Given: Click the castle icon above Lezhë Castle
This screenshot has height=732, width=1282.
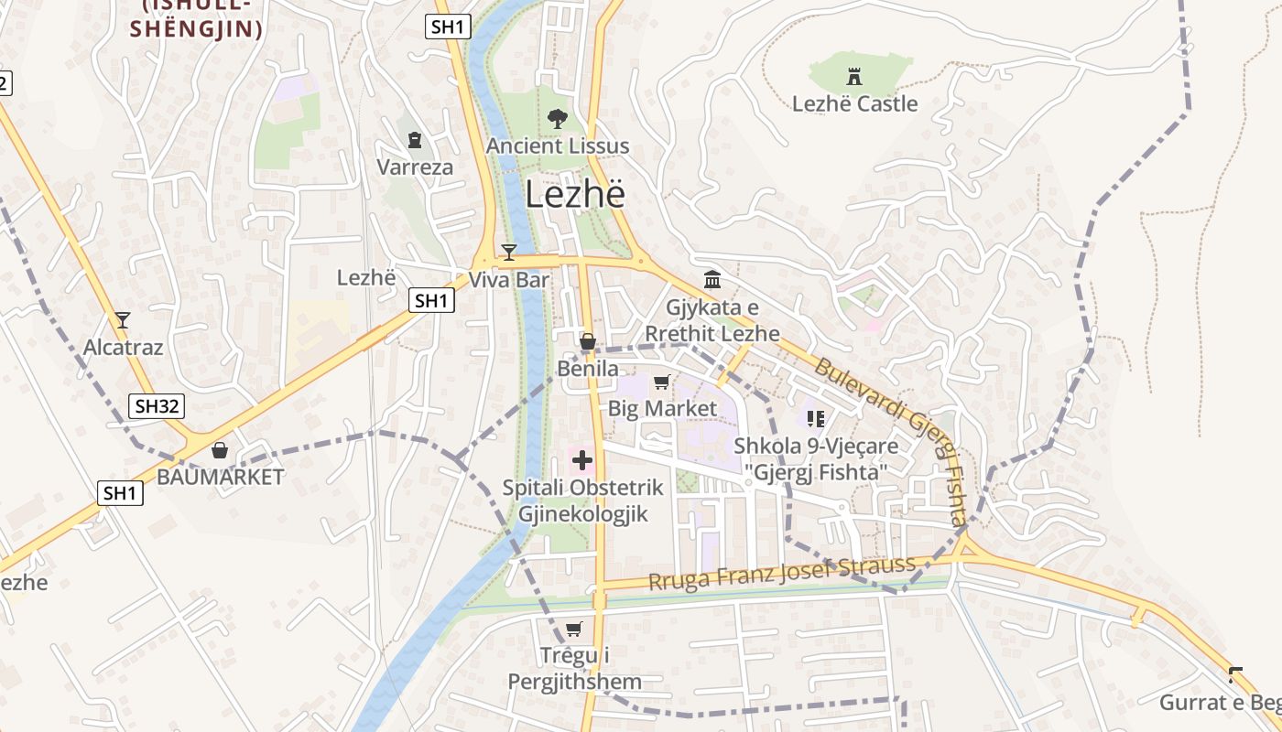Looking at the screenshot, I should coord(854,74).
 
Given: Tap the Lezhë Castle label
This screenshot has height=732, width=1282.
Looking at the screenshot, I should coord(854,103).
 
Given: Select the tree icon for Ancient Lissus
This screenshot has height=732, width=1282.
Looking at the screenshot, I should coord(556,117).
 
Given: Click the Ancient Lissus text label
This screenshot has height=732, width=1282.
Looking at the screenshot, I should coord(558,145).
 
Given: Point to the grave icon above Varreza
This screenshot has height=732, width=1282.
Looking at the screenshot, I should coord(415,140).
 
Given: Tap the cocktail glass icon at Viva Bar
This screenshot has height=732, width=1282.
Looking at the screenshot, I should coord(509,252).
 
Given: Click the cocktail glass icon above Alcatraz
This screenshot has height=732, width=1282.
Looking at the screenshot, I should coord(123,319).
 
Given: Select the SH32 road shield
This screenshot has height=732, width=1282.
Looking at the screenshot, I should coord(156,406).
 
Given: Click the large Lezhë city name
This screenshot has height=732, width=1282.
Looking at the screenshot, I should coord(575,195).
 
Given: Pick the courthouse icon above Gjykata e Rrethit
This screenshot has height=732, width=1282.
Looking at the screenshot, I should coord(712,279).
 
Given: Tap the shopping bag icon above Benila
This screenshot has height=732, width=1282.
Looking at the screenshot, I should coord(588,342).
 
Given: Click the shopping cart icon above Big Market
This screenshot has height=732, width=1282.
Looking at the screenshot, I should coord(662,382).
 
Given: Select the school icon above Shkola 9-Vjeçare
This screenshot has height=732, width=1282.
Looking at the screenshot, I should coord(816,419).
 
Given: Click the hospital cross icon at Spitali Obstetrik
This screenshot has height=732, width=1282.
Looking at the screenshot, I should coord(582,459).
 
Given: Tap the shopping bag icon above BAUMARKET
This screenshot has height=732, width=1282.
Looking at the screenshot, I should coord(220,449).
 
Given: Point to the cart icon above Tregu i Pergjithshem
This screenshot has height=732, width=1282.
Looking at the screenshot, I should coord(574,629).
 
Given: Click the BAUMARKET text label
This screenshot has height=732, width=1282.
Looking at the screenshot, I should coord(221,477).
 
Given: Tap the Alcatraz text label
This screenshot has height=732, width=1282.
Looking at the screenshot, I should coord(123,347).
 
